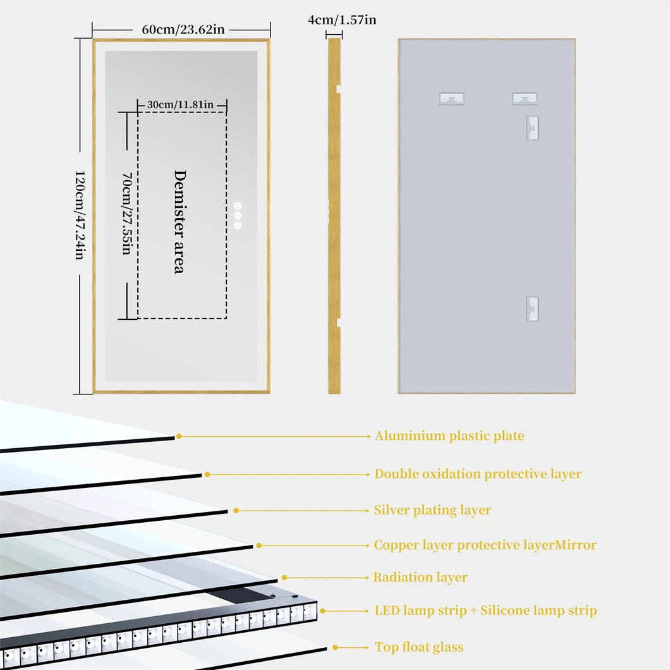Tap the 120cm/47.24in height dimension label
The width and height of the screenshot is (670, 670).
click(80, 215)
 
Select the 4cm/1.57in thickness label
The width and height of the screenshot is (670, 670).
click(342, 20)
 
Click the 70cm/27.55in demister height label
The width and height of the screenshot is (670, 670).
click(126, 215)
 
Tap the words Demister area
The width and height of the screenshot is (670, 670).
click(180, 221)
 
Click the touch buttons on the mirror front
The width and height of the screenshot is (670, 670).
click(238, 216)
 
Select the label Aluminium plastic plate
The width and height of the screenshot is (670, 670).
click(449, 435)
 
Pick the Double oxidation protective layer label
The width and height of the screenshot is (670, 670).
click(478, 474)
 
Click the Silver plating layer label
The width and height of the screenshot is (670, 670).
click(432, 510)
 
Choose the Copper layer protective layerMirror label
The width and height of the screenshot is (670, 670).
click(485, 545)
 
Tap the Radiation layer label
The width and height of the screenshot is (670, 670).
click(420, 577)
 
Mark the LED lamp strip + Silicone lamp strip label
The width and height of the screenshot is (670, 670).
click(485, 611)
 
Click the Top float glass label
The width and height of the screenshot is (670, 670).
click(419, 647)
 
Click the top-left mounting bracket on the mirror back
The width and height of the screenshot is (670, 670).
click(451, 99)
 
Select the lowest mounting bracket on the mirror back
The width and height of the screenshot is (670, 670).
click(532, 309)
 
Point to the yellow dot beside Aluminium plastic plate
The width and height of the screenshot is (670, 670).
click(179, 436)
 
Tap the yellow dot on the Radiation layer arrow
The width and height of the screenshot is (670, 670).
click(284, 577)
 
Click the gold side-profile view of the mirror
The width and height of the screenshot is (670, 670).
click(334, 216)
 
